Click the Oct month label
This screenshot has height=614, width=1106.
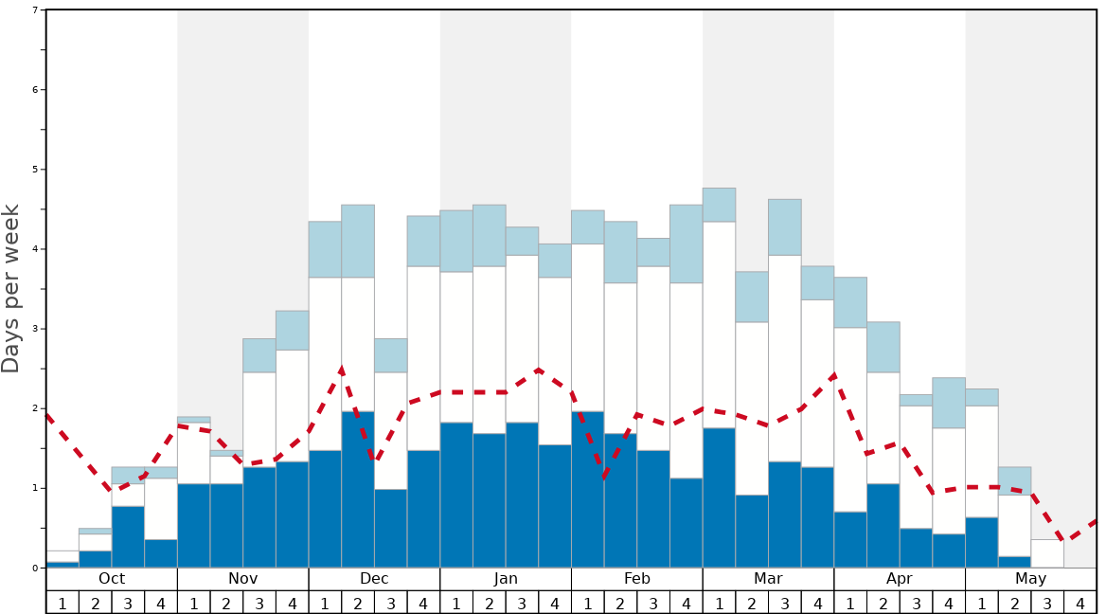112,579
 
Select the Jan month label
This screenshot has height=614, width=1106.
506,579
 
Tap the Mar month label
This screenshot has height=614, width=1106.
768,579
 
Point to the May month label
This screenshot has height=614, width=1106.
1031,579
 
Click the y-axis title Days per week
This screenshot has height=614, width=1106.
11,288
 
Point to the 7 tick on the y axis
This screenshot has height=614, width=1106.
35,10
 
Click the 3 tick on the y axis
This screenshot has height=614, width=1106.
35,329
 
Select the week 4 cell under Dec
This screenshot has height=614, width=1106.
423,603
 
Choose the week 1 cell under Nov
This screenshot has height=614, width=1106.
194,603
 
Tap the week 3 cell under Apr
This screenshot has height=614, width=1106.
916,603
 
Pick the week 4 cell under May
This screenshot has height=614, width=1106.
1080,603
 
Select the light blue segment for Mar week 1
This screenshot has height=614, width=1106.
719,205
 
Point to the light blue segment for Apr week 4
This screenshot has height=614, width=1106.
949,403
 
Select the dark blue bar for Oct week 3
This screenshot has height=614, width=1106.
128,536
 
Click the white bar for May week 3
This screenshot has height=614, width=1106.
1047,553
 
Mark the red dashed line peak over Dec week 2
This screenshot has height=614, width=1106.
342,369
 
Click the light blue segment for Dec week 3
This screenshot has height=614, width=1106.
391,355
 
